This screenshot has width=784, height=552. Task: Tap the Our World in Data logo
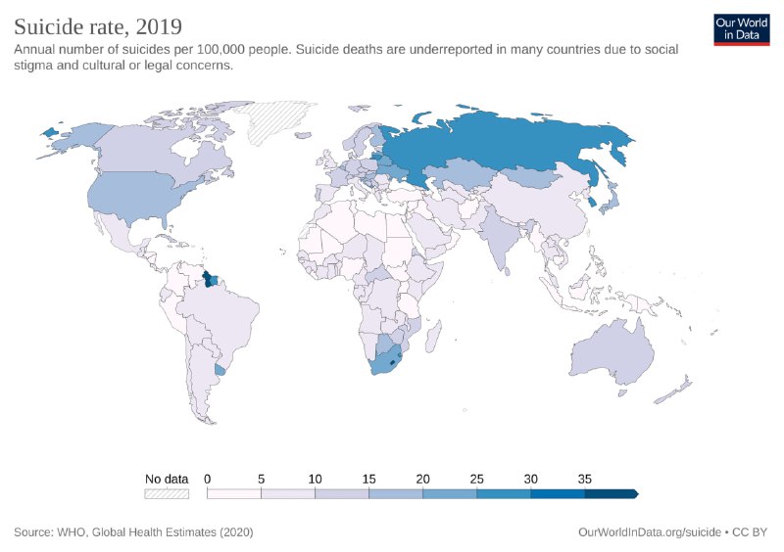pos(741,29)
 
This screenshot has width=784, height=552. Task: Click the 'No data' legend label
pos(166,479)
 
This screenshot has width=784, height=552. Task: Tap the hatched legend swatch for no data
pos(166,494)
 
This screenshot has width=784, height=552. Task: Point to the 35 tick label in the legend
pos(584,479)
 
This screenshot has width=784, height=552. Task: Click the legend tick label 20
pos(422,479)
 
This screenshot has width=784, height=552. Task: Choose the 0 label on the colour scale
pos(208,479)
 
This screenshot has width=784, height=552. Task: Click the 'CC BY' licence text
pos(750,532)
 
